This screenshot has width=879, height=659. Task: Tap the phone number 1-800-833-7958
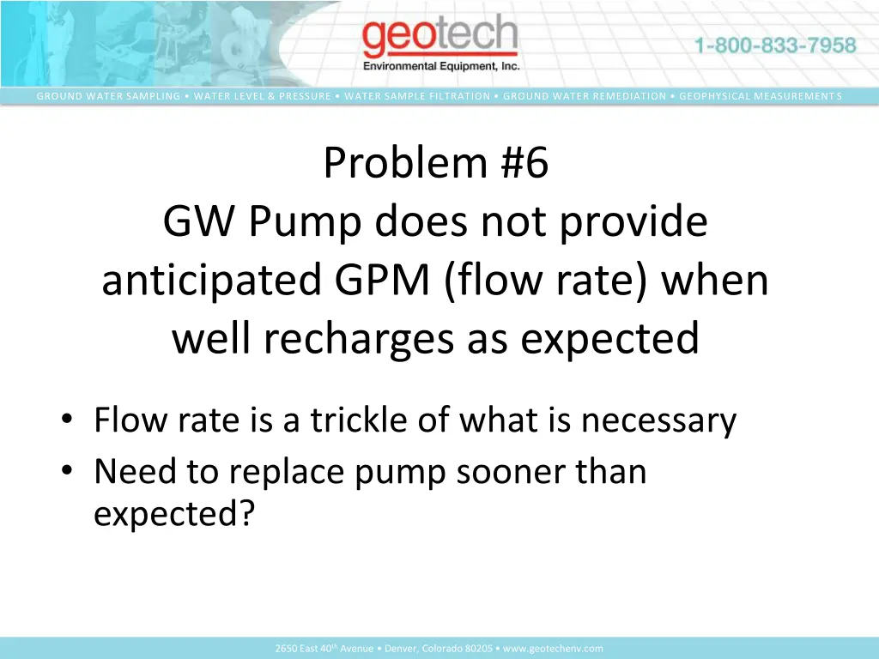point(775,45)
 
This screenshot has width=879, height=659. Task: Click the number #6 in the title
point(521,163)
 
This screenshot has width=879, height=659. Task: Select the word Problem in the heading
point(406,163)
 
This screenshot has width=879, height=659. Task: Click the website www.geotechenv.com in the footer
point(553,649)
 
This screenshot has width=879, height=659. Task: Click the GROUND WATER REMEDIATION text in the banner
point(585,96)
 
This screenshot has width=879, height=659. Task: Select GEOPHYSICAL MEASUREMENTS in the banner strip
point(761,96)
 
